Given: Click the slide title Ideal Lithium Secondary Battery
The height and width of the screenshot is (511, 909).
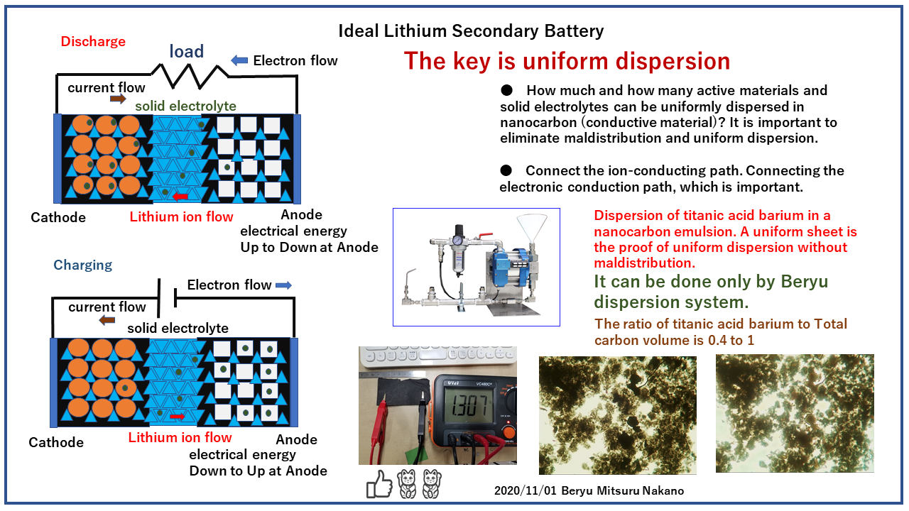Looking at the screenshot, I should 471,31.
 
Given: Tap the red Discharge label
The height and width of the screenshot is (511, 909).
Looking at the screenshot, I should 93,42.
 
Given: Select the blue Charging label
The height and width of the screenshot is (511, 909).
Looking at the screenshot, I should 83,265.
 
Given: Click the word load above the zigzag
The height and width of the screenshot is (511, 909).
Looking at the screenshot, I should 187,51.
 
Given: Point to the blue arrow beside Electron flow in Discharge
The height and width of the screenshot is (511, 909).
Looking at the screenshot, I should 240,60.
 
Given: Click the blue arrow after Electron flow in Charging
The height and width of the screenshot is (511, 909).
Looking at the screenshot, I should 283,285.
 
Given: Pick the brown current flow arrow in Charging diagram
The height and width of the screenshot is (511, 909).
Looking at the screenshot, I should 107,320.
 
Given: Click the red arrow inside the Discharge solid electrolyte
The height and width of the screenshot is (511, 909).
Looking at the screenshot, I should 180,196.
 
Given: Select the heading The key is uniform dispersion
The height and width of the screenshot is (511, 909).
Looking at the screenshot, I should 567,61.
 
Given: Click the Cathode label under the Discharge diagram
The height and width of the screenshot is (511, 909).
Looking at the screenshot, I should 58,218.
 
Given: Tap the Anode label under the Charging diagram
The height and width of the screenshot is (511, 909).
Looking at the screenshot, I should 296,440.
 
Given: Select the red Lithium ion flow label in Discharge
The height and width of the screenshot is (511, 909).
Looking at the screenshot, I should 181,217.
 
